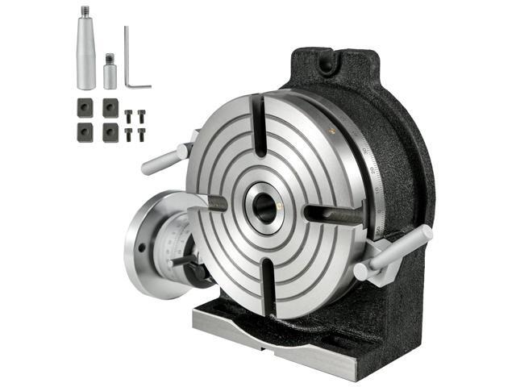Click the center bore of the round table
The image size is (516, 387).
pyautogui.click(x=264, y=206)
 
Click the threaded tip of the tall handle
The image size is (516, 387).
pyautogui.click(x=85, y=11)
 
